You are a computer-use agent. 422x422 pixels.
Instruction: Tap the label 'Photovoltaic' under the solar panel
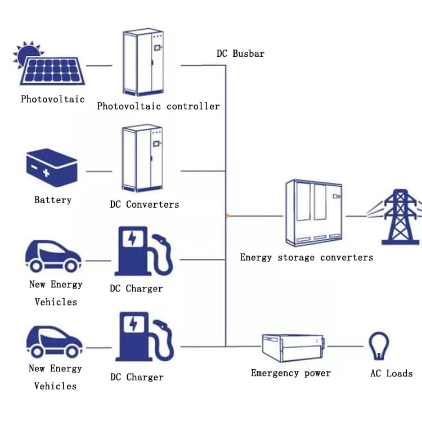[x=53, y=99]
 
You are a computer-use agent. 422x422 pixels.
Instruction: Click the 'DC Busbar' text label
[x=240, y=53]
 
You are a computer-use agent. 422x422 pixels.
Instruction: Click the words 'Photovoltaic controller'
[x=158, y=106]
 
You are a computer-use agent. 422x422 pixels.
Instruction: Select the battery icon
[x=51, y=167]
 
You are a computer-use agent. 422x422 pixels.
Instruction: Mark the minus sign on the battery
[x=35, y=167]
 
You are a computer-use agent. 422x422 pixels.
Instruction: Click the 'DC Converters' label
[x=145, y=204]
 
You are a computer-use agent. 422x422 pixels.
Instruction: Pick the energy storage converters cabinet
[x=314, y=213]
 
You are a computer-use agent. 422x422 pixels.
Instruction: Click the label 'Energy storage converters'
[x=306, y=257]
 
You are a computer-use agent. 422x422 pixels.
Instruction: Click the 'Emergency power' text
[x=290, y=373]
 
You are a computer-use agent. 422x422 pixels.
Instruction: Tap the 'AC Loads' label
[x=391, y=373]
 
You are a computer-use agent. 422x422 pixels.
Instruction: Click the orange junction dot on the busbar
[x=227, y=215]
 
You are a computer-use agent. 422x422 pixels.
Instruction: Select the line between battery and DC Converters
[x=98, y=171]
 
